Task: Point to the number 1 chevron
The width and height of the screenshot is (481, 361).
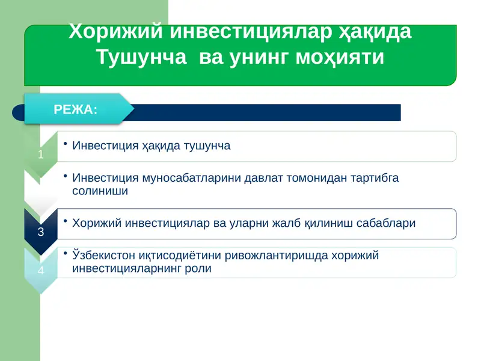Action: point(40,155)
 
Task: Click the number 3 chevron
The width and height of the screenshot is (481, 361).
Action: point(40,232)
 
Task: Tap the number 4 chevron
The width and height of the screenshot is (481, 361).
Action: point(40,270)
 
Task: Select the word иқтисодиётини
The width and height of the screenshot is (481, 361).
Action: point(179,256)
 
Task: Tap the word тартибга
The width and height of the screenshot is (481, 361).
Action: point(377,178)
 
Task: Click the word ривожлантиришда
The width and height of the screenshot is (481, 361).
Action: point(272,256)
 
